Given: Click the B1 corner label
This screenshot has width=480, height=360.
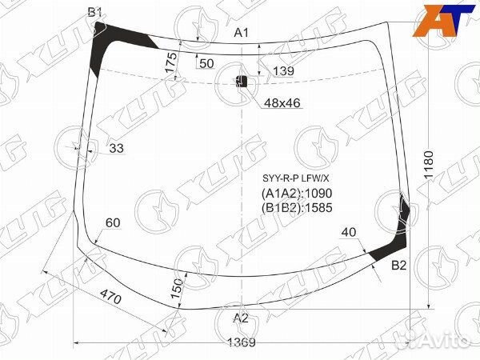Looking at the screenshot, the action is [95, 12].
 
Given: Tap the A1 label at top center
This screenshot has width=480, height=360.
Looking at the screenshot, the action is [242, 33].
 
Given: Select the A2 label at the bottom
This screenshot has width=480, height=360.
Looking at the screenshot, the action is [241, 318].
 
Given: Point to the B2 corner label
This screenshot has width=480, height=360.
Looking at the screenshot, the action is [399, 265].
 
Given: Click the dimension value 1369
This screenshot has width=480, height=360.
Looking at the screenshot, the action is [242, 342].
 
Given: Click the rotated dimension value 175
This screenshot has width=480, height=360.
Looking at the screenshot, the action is [171, 62].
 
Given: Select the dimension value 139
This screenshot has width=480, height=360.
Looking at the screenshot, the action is [283, 71].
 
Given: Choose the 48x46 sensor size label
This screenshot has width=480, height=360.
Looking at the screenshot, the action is [282, 103].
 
